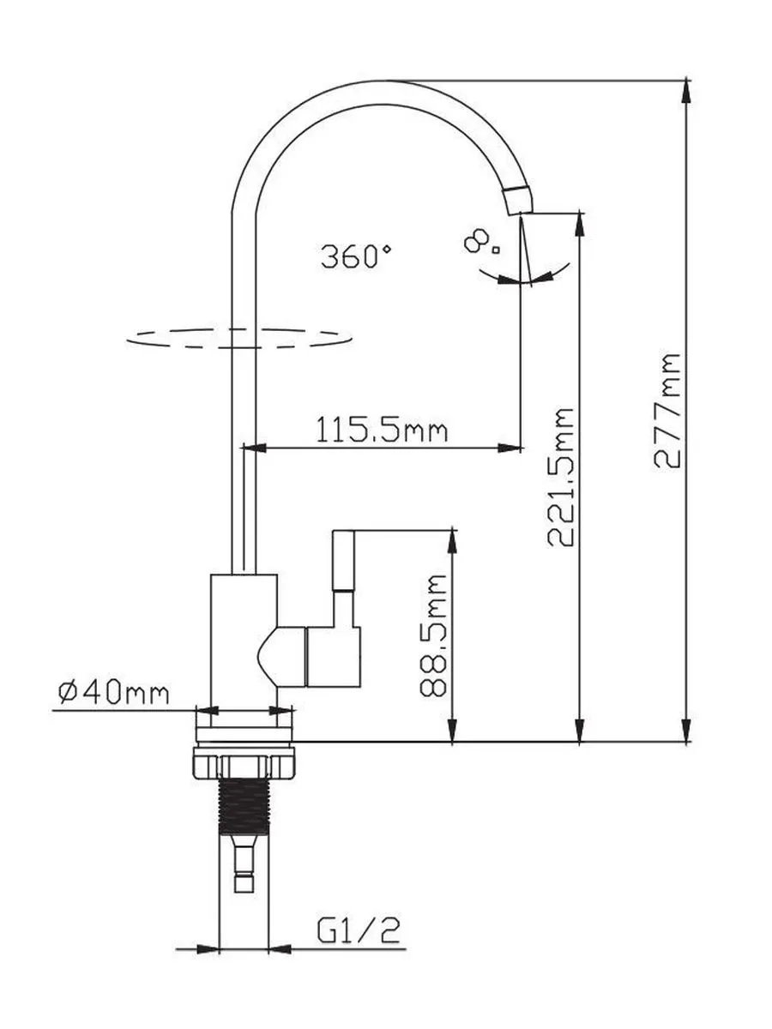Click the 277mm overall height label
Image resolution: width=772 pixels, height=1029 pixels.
pos(666,411)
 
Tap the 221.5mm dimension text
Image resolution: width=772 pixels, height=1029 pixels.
pos(561,478)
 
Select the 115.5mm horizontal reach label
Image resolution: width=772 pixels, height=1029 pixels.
pos(382,430)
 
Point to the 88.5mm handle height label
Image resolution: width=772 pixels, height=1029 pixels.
pos(433,635)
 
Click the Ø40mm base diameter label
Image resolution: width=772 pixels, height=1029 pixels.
pos(113,693)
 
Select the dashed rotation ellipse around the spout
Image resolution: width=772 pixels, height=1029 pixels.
pos(239,338)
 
